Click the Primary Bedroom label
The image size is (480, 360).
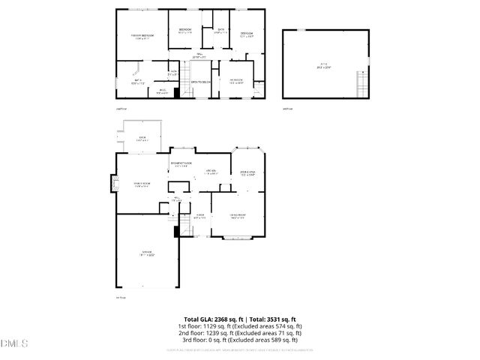click(x=143, y=36)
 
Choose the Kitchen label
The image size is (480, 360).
click(x=212, y=172)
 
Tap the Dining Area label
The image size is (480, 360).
click(x=247, y=174)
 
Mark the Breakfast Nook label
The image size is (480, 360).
click(x=182, y=164)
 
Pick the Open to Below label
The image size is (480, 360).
click(x=200, y=82)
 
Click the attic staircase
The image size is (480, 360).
click(x=363, y=80)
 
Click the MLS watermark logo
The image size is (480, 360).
click(x=13, y=343)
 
